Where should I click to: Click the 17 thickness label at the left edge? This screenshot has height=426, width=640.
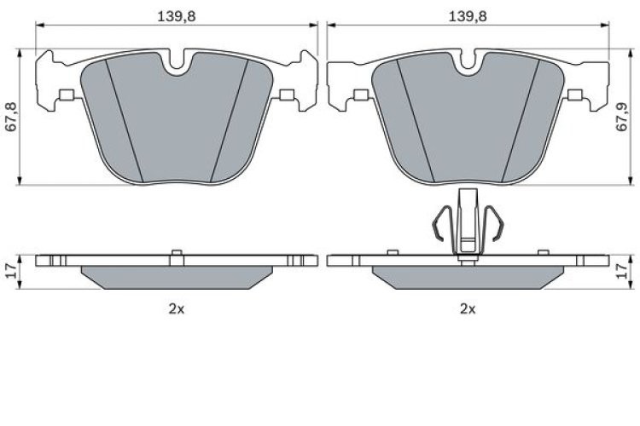click(9, 273)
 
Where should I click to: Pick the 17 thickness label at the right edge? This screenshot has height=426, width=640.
click(631, 273)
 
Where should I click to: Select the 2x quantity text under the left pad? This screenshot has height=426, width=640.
click(176, 308)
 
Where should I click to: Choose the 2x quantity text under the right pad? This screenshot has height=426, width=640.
click(467, 308)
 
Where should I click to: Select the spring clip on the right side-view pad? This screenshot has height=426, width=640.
click(467, 223)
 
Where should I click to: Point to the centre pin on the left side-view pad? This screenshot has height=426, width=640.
click(176, 253)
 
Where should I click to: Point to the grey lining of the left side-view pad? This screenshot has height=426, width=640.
click(176, 277)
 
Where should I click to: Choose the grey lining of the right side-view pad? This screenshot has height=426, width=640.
click(467, 277)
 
